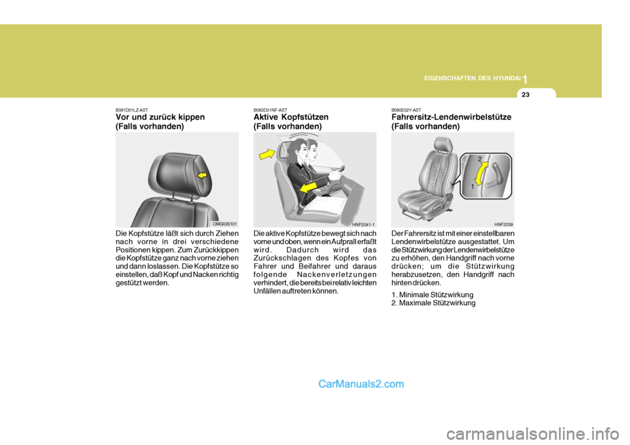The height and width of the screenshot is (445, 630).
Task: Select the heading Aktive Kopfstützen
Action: tap(291, 117)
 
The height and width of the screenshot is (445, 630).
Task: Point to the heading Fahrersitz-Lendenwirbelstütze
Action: tap(451, 117)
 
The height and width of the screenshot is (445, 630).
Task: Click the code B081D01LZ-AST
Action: tap(131, 110)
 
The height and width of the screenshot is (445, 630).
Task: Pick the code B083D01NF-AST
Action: tap(269, 110)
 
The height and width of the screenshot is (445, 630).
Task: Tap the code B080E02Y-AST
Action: tap(406, 110)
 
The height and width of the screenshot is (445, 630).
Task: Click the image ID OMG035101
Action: tap(224, 224)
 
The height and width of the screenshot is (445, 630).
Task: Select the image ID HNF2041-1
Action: tap(363, 224)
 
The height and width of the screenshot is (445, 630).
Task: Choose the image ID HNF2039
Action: tap(503, 224)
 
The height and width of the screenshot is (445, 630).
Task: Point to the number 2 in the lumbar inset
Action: tap(479, 159)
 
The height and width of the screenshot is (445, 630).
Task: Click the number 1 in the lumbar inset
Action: tap(471, 187)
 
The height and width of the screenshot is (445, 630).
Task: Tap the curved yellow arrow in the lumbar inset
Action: tap(480, 175)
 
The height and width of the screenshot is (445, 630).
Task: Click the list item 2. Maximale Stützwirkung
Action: tap(432, 303)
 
